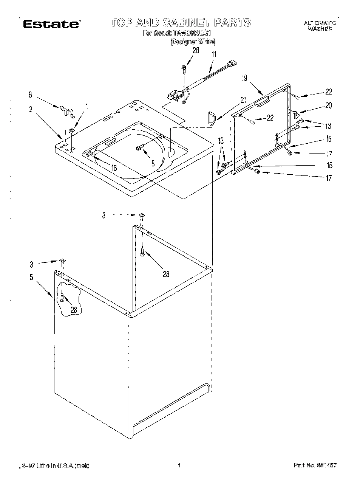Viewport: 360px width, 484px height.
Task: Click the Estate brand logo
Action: pyautogui.click(x=51, y=24)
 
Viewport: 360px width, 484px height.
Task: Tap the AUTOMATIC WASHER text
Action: pyautogui.click(x=320, y=26)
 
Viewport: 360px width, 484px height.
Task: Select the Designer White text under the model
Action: pyautogui.click(x=193, y=42)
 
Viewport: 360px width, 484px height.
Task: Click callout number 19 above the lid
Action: pyautogui.click(x=244, y=78)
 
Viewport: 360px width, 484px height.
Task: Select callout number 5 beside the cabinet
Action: pyautogui.click(x=31, y=277)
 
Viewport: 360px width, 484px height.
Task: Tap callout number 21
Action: pyautogui.click(x=243, y=100)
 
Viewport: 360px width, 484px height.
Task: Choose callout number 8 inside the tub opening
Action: pyautogui.click(x=153, y=163)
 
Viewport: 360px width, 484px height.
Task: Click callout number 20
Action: pyautogui.click(x=328, y=105)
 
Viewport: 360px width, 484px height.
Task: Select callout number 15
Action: pyautogui.click(x=329, y=165)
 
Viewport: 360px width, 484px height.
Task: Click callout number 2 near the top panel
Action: pyautogui.click(x=31, y=109)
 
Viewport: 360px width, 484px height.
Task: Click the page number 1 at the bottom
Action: pyautogui.click(x=180, y=465)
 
